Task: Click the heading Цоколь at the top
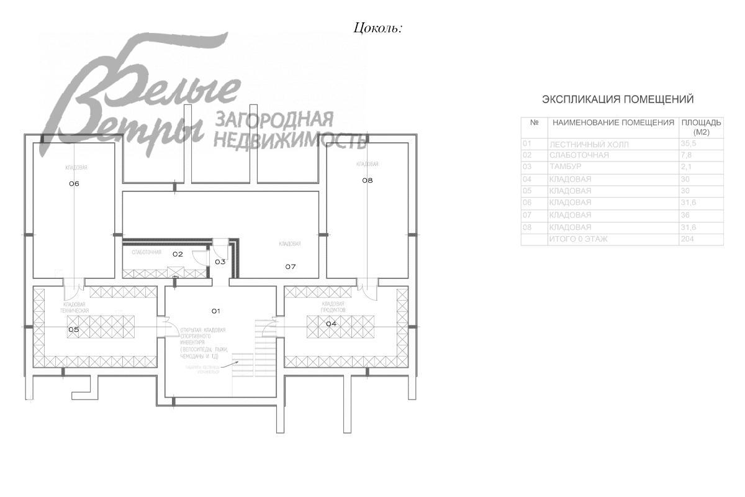377,28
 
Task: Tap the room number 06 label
74,183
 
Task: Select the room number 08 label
368,180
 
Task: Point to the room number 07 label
291,267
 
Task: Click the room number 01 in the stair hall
216,310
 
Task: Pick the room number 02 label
178,254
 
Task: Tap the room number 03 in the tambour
220,262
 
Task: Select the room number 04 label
332,324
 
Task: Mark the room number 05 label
73,330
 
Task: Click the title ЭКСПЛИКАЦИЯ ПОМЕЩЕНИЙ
618,99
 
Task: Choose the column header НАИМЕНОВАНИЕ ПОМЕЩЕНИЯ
613,122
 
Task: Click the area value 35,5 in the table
689,144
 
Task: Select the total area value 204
687,239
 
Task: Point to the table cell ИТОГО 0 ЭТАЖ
578,239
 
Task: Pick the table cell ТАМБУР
564,167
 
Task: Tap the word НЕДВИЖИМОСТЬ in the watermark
289,140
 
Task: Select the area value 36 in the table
685,215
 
